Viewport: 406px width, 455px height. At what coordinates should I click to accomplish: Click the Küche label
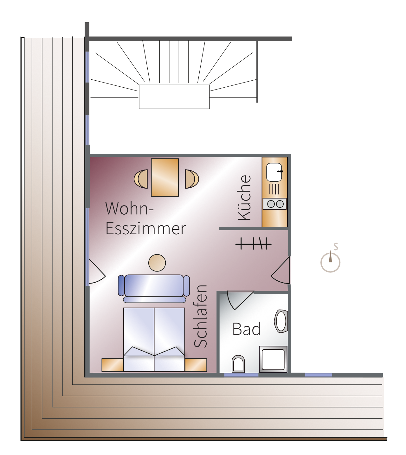click(x=245, y=197)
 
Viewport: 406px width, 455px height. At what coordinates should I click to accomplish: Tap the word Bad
click(x=246, y=329)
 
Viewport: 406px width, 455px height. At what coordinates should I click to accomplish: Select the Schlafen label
click(x=201, y=316)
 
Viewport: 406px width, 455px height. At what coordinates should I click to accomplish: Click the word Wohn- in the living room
click(x=129, y=209)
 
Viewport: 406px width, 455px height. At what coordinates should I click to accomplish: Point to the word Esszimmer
click(x=145, y=229)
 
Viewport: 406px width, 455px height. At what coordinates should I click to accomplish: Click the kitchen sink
click(x=274, y=172)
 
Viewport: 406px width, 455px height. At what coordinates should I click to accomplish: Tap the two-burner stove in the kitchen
click(x=275, y=204)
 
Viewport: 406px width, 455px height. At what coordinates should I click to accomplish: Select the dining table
click(x=165, y=177)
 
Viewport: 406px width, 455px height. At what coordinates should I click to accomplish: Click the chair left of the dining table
click(x=141, y=179)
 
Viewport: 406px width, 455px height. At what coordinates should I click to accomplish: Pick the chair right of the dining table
click(x=191, y=179)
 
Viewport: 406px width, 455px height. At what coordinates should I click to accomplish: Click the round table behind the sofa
click(x=157, y=263)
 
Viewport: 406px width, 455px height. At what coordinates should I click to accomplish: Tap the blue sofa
click(x=154, y=287)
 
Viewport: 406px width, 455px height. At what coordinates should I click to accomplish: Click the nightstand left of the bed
click(x=113, y=365)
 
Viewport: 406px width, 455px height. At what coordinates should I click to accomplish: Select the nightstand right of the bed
click(x=196, y=365)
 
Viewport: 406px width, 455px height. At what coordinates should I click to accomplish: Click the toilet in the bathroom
click(x=238, y=364)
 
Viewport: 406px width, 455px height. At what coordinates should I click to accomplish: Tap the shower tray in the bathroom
click(x=273, y=359)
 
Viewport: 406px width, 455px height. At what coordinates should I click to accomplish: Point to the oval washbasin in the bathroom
click(x=281, y=321)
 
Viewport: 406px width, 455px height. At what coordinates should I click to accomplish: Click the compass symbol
click(x=331, y=262)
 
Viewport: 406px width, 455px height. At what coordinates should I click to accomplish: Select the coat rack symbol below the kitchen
click(x=253, y=244)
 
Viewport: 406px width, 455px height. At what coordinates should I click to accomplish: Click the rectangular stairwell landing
click(x=174, y=97)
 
